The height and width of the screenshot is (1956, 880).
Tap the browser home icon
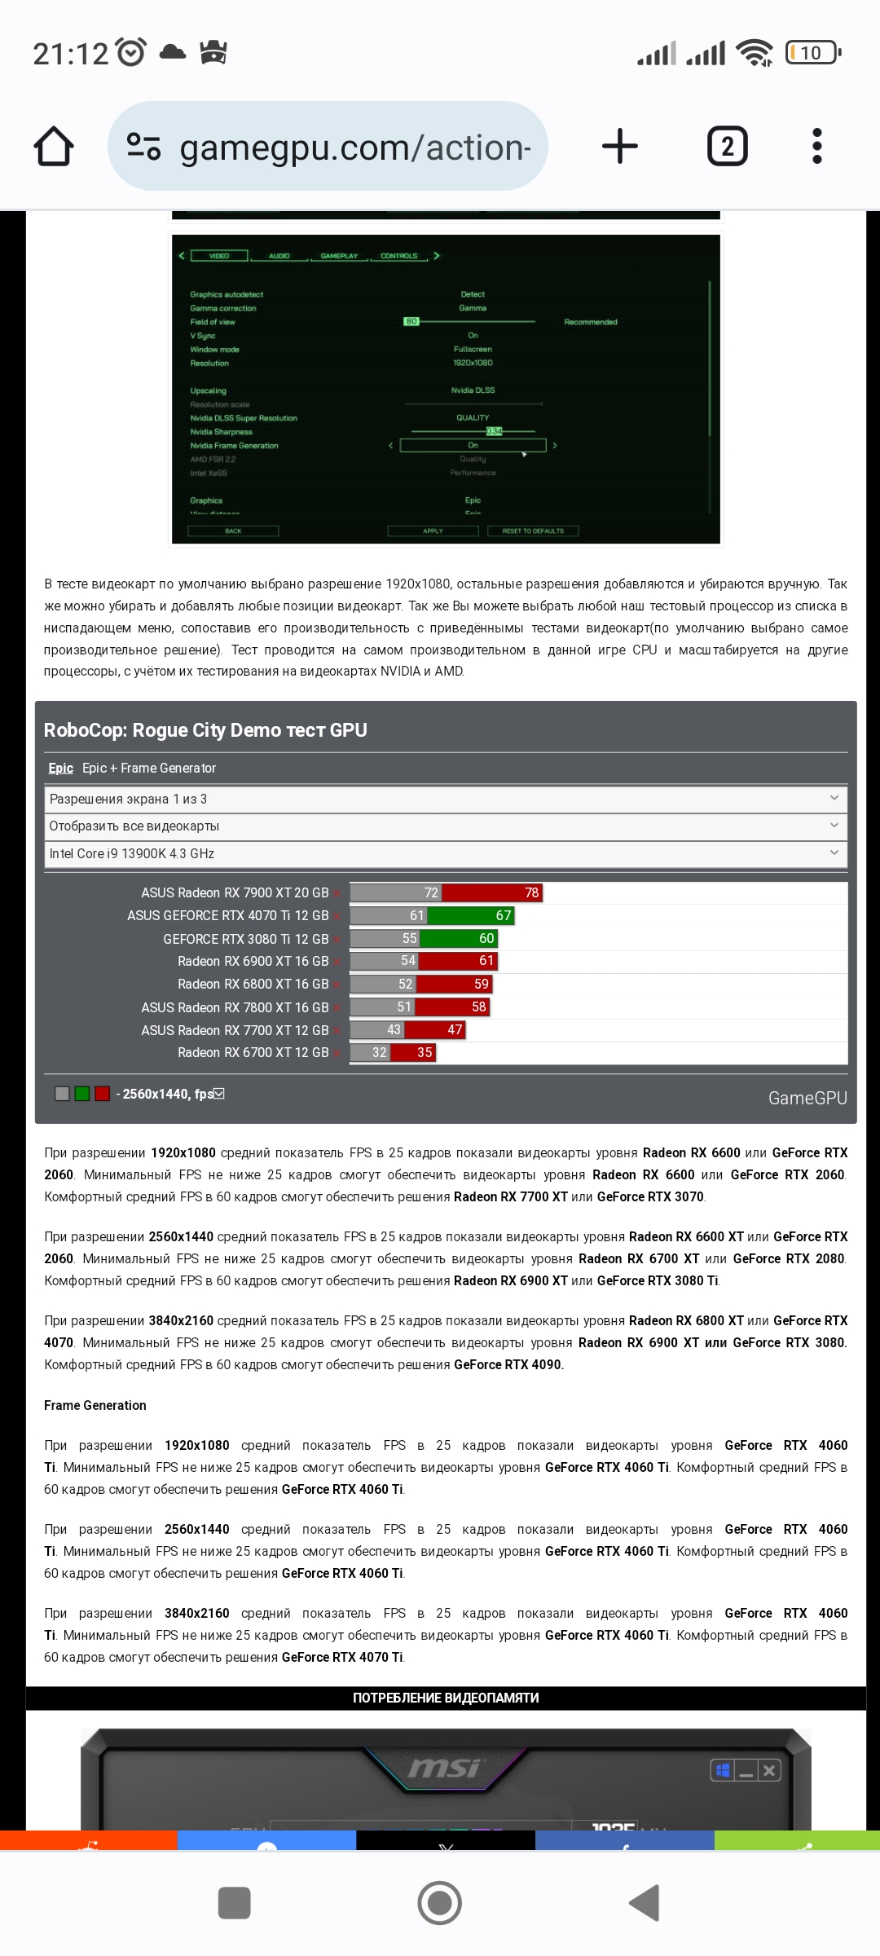(x=54, y=147)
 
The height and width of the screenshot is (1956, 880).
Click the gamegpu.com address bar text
(x=354, y=148)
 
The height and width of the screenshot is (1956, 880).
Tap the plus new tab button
(x=619, y=147)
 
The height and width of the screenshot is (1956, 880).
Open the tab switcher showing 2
(x=727, y=147)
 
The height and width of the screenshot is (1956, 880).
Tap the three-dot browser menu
(x=817, y=147)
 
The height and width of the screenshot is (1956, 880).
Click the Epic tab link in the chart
(x=60, y=768)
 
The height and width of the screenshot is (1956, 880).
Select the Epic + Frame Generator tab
(x=149, y=768)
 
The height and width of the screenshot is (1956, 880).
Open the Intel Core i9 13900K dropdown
(x=445, y=853)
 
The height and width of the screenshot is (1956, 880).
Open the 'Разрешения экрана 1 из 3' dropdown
(x=445, y=799)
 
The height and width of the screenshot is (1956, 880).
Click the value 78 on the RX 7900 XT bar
(x=531, y=892)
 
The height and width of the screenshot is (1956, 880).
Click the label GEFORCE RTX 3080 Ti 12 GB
(x=245, y=939)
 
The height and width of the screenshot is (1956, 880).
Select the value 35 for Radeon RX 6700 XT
(x=425, y=1052)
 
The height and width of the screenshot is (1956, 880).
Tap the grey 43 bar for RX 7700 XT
(x=378, y=1029)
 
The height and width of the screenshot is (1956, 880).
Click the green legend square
(x=81, y=1094)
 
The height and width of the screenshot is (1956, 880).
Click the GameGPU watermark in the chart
(x=807, y=1098)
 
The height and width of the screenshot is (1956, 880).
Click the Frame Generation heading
(x=95, y=1405)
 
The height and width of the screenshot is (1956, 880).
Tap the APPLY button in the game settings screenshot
(x=433, y=531)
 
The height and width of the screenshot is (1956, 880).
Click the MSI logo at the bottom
(x=445, y=1768)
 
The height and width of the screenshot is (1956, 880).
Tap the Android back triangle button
(x=645, y=1903)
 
